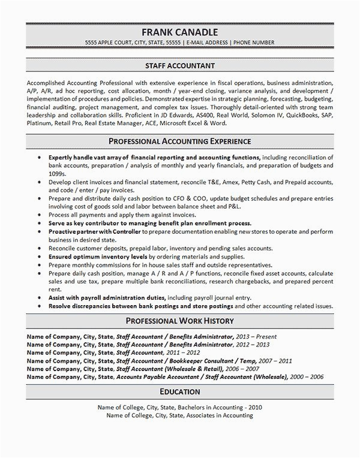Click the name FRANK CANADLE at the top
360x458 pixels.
(x=179, y=32)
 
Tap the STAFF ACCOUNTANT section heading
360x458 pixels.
(x=179, y=64)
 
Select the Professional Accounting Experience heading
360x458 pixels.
(x=179, y=141)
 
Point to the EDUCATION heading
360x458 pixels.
(x=179, y=391)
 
